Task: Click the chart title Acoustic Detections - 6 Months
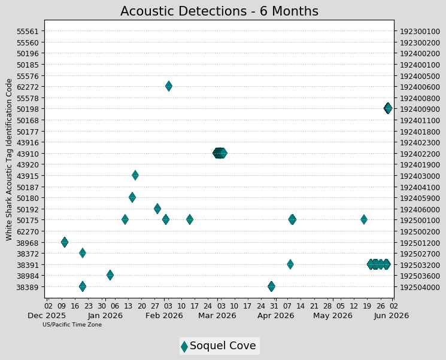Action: click(x=219, y=11)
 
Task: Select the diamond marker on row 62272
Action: click(x=169, y=86)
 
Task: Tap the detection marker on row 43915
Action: click(x=135, y=175)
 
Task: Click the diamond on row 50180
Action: click(x=132, y=197)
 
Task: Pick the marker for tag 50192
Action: click(x=157, y=209)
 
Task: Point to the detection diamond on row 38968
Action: click(x=65, y=242)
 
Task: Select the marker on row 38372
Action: click(x=83, y=252)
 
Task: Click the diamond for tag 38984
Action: click(x=110, y=274)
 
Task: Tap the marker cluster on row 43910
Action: click(x=220, y=153)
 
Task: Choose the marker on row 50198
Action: click(x=388, y=108)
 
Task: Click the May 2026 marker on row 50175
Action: click(x=364, y=219)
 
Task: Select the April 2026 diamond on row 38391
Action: click(x=290, y=264)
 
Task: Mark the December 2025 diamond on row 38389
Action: click(x=83, y=286)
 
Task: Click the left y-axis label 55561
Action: click(x=28, y=31)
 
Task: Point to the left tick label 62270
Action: click(x=28, y=231)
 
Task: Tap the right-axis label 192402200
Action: click(x=420, y=154)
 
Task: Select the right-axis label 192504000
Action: click(x=420, y=287)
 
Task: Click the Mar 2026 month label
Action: click(x=217, y=316)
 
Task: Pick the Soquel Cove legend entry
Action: click(x=219, y=346)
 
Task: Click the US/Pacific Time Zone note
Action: click(x=72, y=325)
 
